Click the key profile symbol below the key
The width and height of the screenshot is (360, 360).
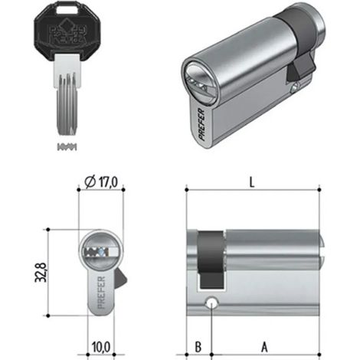click(67, 147)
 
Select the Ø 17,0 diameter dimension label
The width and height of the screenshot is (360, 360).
click(101, 182)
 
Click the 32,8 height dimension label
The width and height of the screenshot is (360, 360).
click(41, 272)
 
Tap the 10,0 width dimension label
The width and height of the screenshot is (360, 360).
click(101, 347)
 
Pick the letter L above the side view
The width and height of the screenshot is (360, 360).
click(252, 182)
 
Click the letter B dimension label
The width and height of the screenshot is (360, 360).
click(198, 347)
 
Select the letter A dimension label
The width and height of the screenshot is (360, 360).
click(264, 347)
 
